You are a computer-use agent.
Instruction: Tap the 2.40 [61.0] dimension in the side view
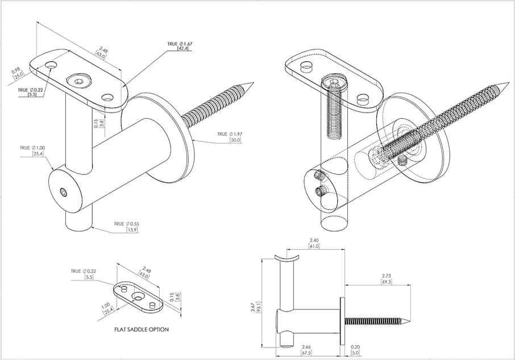314,243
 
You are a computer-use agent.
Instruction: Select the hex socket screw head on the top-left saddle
77,82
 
